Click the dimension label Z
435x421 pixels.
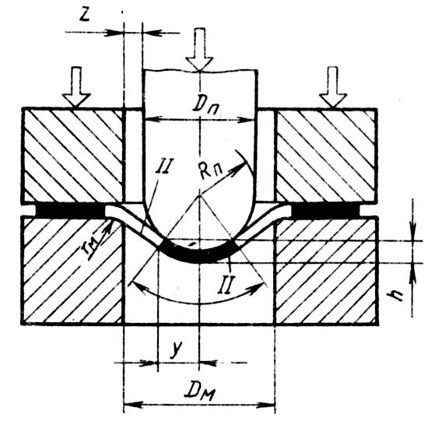(84, 16)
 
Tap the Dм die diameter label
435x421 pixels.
(200, 391)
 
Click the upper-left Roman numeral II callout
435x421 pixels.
(164, 166)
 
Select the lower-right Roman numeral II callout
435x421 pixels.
(226, 284)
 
